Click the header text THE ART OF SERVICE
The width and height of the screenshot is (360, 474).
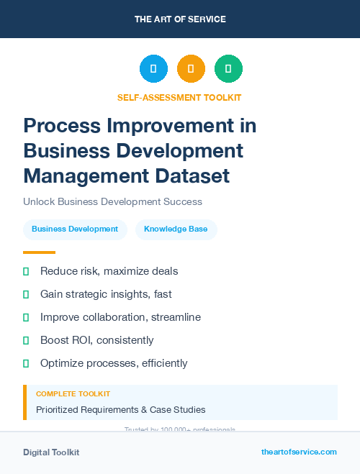180,19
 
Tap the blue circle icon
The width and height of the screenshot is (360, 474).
153,68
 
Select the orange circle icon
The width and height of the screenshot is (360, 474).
191,68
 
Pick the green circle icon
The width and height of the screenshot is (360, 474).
228,68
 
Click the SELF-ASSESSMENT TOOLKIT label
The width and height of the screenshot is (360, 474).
179,97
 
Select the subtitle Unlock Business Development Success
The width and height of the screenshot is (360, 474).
112,201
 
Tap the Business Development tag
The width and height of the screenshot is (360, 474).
75,229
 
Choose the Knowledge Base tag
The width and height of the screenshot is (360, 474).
176,229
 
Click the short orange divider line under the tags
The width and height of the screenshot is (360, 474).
39,252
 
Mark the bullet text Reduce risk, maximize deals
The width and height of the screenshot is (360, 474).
109,271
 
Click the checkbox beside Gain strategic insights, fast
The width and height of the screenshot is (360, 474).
26,294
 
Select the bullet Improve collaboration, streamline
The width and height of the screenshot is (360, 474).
120,317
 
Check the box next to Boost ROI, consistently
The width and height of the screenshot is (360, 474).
26,340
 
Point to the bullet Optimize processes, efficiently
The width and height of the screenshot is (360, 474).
114,363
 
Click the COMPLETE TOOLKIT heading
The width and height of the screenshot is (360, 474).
73,394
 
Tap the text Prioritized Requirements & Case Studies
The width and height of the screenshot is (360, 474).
120,410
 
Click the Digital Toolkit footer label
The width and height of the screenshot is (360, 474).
51,452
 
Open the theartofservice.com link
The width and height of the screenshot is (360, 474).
299,452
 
